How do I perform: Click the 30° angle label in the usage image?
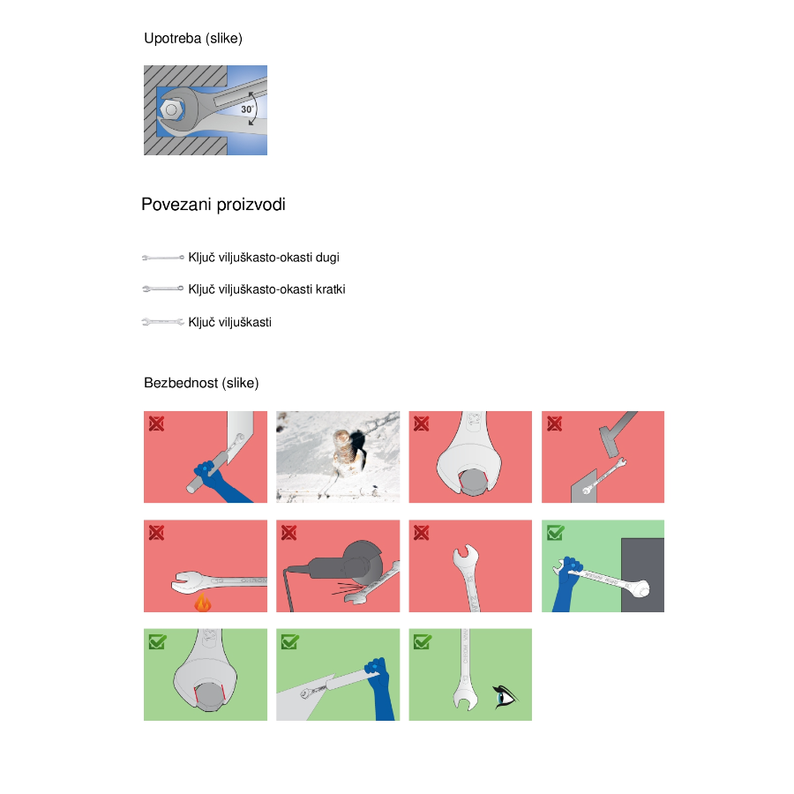pos(247,109)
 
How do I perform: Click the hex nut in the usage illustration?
pos(171,109)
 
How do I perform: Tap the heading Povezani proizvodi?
pos(213,205)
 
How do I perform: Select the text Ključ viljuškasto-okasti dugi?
pos(264,258)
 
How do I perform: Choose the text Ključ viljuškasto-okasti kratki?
pos(266,289)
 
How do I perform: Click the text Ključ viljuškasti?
pos(230,322)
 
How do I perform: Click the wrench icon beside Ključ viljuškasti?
pos(162,322)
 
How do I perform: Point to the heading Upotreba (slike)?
pos(193,39)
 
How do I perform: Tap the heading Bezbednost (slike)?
pos(201,383)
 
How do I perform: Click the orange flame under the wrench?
pos(203,603)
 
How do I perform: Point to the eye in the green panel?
pos(505,697)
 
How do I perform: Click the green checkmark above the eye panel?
pos(423,641)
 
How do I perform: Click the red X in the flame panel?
pos(156,533)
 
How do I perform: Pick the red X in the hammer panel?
pos(555,423)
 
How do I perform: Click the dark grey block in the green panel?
pos(642,574)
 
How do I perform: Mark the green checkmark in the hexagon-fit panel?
pos(158,641)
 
